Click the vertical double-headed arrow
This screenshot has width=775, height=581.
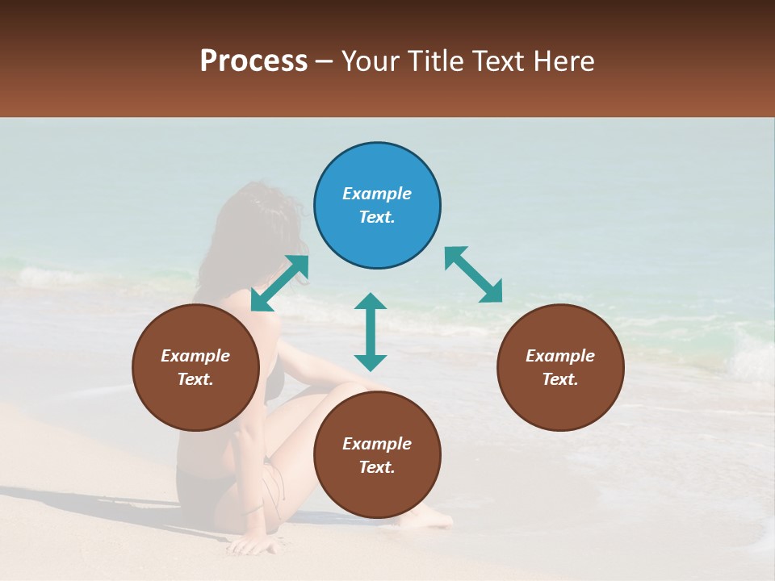tap(371, 332)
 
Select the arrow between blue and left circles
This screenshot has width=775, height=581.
tap(279, 283)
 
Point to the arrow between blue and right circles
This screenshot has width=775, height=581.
tap(474, 274)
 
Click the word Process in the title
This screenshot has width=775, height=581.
tap(253, 61)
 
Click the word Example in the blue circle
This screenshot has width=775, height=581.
tap(377, 194)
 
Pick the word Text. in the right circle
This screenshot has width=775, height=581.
tap(560, 379)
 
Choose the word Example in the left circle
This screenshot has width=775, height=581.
tap(195, 356)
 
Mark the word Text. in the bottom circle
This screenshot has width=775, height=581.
tap(377, 467)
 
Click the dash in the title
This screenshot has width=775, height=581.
tap(324, 61)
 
